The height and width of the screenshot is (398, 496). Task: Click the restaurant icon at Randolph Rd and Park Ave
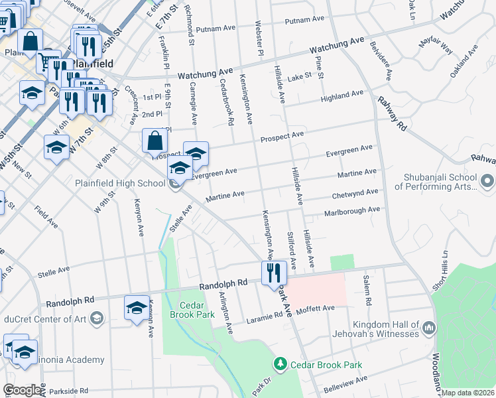(274, 273)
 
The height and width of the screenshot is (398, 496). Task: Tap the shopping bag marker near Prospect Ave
(155, 141)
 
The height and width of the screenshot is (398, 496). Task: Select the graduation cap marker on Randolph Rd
(137, 308)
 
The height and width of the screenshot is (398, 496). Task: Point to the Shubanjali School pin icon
(487, 181)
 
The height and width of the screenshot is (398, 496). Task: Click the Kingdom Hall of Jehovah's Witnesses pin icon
(428, 328)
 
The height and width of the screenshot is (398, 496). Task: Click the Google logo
(22, 389)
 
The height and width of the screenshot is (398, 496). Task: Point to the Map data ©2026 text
(468, 393)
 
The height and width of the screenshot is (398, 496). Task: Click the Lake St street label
(300, 78)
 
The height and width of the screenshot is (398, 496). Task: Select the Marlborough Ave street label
(351, 210)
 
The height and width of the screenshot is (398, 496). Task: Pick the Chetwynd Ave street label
(355, 194)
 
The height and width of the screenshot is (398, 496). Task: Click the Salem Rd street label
(367, 291)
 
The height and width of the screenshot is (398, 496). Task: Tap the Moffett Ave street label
(316, 309)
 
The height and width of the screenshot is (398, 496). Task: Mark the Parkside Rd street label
(66, 391)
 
